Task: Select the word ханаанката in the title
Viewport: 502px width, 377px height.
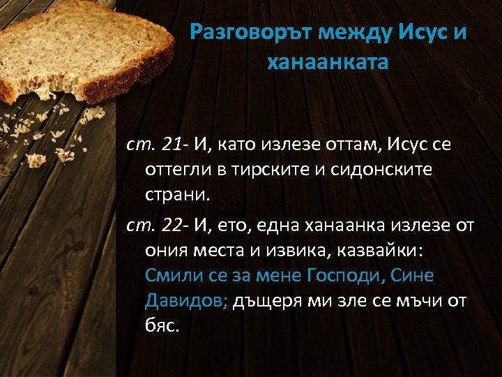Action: click(327, 62)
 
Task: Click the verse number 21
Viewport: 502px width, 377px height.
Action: click(172, 145)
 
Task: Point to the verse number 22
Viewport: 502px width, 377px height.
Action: click(172, 226)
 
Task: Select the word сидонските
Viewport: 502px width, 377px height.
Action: click(383, 170)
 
